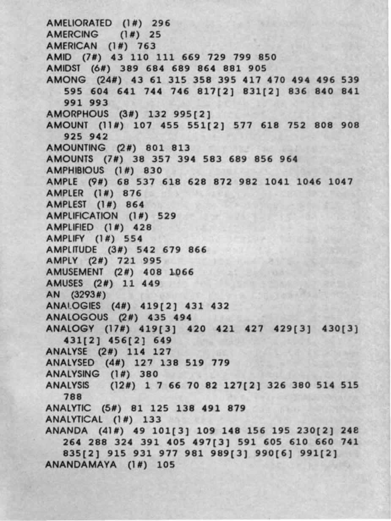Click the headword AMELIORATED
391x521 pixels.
pyautogui.click(x=79, y=22)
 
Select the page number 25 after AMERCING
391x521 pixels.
pyautogui.click(x=155, y=34)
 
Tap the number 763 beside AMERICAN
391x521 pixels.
pyautogui.click(x=147, y=45)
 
